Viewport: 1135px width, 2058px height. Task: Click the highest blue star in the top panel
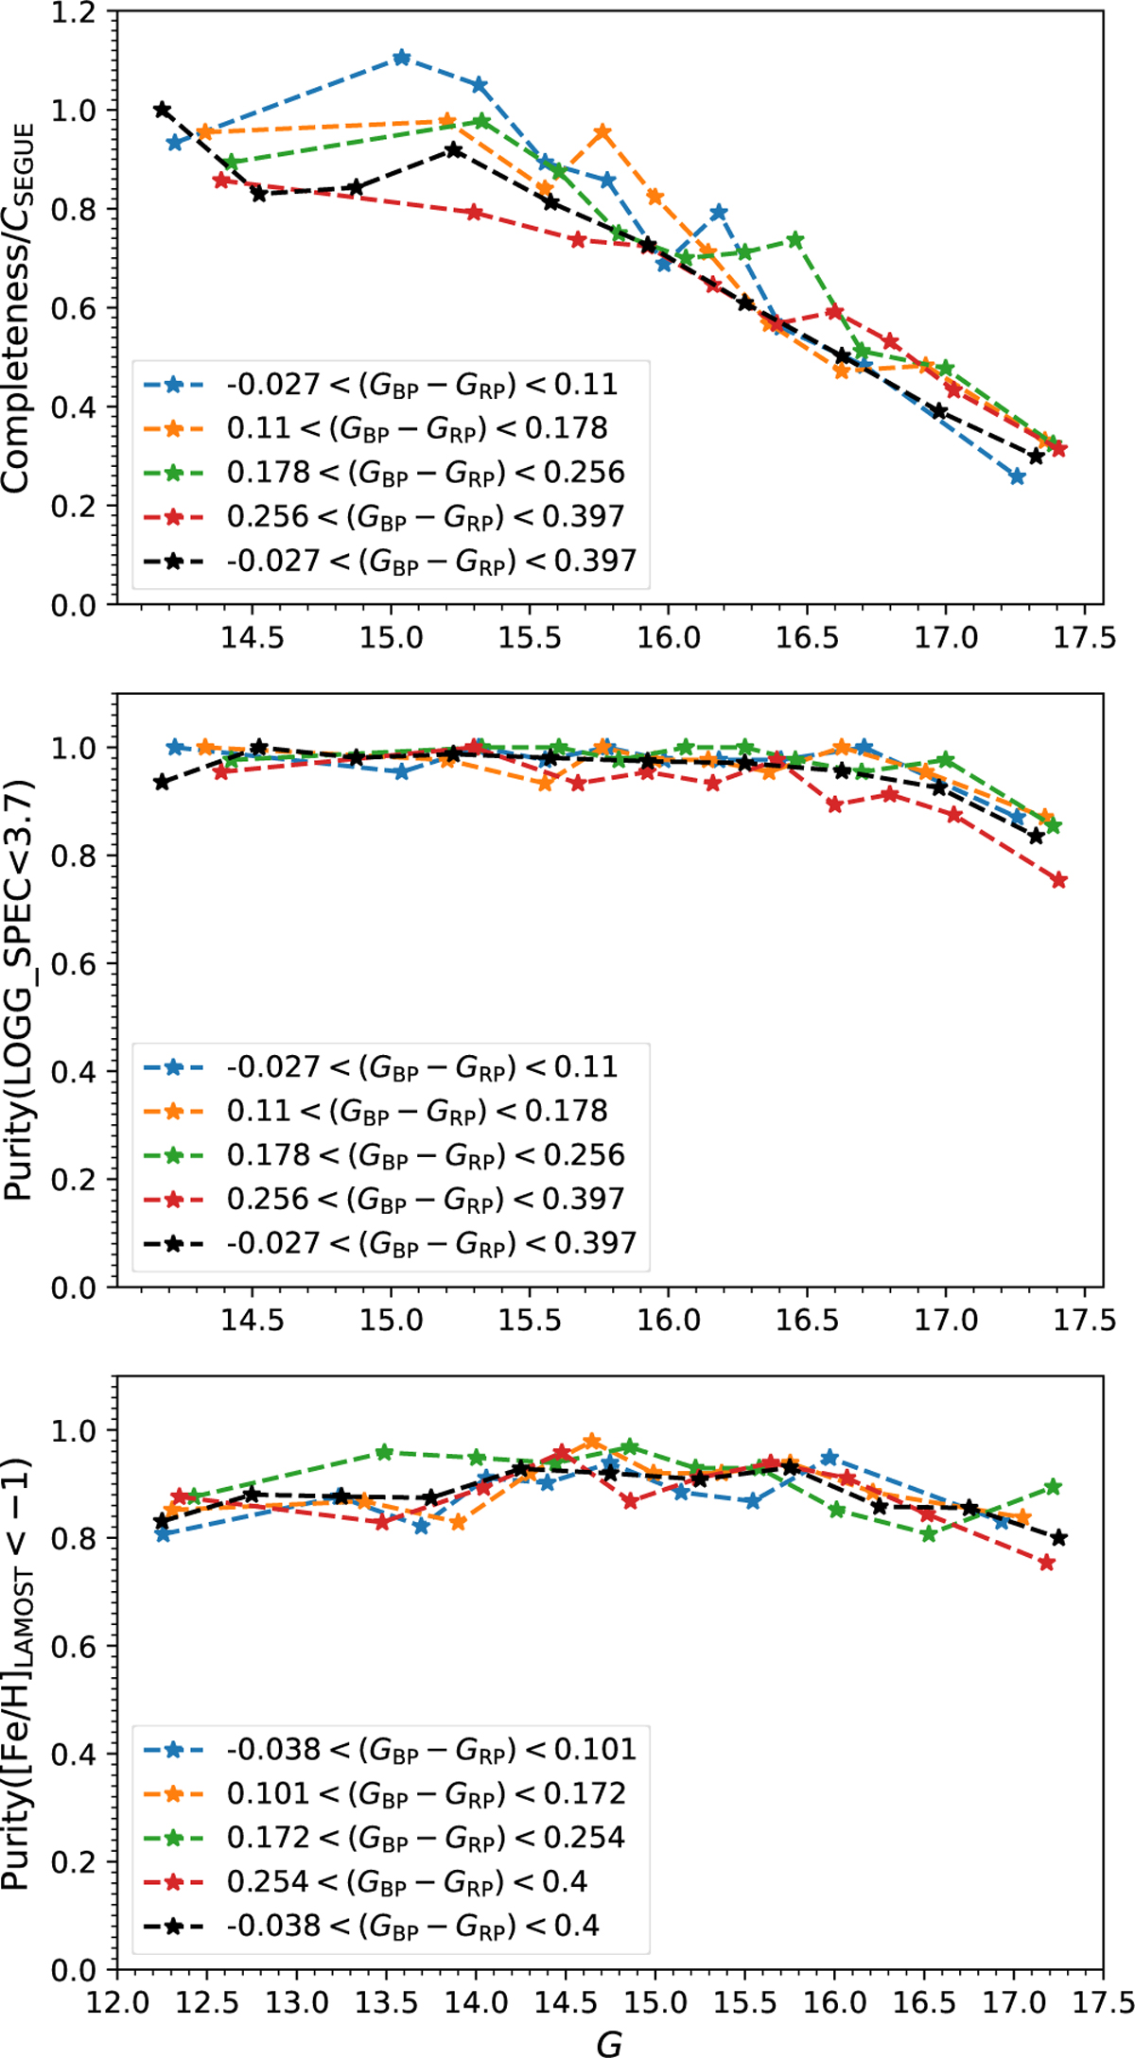(x=401, y=58)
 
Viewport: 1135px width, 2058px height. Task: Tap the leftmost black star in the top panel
(x=163, y=110)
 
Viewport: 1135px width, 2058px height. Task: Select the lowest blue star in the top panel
(x=1017, y=477)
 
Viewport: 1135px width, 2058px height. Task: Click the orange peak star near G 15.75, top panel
(x=602, y=133)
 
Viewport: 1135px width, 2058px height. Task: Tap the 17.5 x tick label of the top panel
(x=1084, y=637)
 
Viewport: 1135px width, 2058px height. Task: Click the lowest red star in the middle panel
(x=1058, y=880)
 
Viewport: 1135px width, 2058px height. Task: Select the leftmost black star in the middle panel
(x=163, y=782)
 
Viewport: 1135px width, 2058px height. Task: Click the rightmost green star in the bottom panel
(x=1054, y=1488)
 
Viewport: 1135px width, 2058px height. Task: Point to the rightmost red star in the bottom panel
(x=1046, y=1563)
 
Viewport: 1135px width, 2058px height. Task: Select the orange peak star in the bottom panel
(x=592, y=1441)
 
